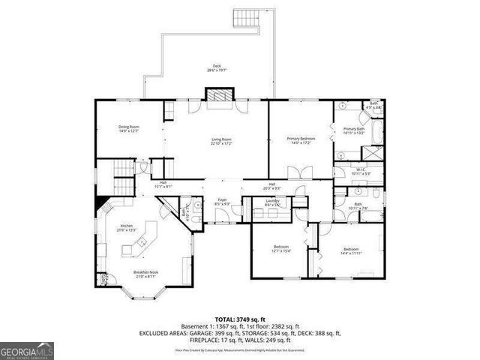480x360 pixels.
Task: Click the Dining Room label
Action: [129, 129]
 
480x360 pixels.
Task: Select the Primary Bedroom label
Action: [301, 141]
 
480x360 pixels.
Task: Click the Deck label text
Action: [216, 67]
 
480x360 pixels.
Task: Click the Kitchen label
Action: [127, 228]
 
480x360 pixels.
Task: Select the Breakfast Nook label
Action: [145, 274]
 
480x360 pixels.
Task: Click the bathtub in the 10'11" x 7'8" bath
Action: [371, 214]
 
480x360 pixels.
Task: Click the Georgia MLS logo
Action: [25, 349]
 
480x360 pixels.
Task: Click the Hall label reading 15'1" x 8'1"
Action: [163, 186]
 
